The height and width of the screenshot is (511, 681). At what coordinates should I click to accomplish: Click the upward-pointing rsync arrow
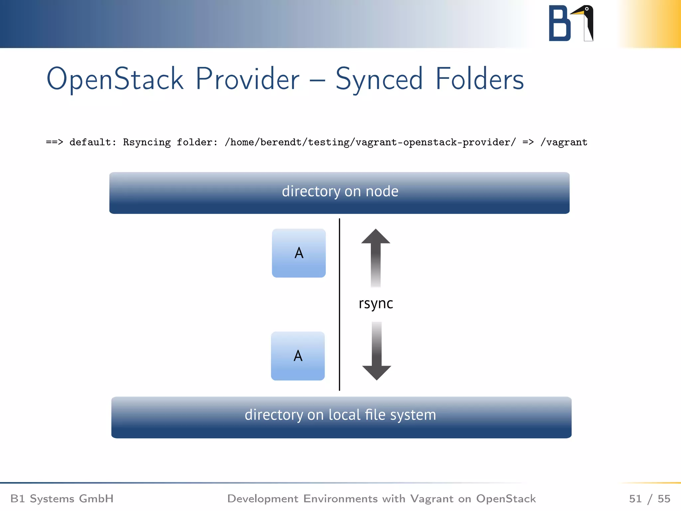click(x=376, y=256)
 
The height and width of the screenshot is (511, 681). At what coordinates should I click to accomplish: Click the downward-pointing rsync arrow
click(x=376, y=353)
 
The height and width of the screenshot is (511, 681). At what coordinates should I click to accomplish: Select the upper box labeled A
click(x=299, y=253)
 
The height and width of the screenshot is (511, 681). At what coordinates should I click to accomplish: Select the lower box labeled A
click(x=298, y=356)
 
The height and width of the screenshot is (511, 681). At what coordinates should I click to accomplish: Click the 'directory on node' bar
click(x=340, y=193)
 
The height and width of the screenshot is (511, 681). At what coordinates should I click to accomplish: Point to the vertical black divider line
click(x=339, y=304)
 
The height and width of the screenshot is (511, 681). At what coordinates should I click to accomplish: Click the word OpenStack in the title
click(x=115, y=79)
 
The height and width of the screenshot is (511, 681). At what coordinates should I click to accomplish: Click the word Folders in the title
click(x=479, y=79)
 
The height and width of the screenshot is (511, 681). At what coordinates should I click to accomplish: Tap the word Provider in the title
click(x=247, y=79)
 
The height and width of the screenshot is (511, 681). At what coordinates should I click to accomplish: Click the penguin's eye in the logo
click(x=587, y=9)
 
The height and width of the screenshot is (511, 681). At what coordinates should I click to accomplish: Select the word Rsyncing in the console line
click(x=147, y=142)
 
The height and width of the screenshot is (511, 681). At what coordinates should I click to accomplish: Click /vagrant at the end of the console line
click(x=564, y=142)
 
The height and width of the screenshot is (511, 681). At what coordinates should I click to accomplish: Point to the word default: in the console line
click(x=93, y=142)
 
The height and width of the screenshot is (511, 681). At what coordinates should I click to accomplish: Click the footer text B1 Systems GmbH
click(x=62, y=498)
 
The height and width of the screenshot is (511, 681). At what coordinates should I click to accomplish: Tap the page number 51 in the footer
click(x=635, y=498)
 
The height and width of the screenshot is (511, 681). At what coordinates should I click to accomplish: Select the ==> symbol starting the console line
click(x=54, y=142)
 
